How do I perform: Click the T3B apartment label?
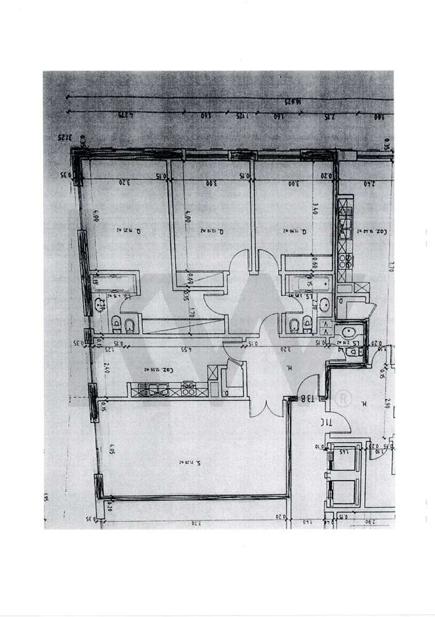(x=308, y=399)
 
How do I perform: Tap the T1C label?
(x=326, y=423)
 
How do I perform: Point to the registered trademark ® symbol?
(x=339, y=398)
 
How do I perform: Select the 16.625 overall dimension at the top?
(x=292, y=101)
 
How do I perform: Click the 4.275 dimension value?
(x=126, y=115)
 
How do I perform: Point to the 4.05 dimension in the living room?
(x=112, y=450)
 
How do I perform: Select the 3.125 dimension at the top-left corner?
(x=65, y=137)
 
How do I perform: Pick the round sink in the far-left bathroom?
(x=101, y=303)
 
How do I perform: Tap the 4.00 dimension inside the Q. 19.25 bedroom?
(x=96, y=217)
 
